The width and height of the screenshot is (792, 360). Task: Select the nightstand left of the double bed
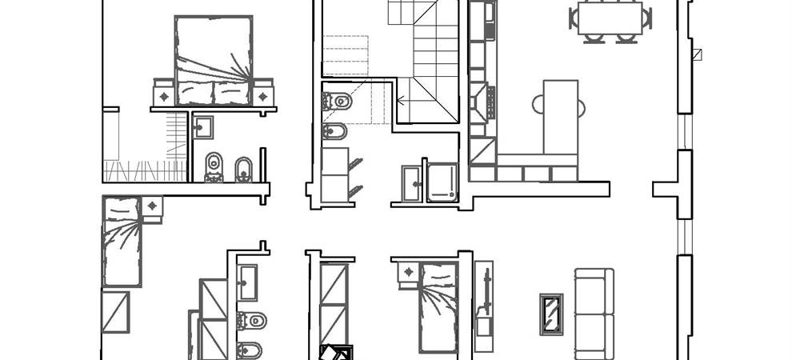pos(163,94)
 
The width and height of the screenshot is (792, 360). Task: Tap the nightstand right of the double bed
pos(262,94)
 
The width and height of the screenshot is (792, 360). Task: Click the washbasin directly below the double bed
pos(203,126)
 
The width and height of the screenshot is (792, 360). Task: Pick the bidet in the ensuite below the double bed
pos(243,167)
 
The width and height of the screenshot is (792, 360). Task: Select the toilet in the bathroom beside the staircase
pos(338,102)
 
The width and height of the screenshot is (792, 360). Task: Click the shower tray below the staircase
pos(442,182)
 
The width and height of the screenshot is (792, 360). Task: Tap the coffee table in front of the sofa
pos(551,314)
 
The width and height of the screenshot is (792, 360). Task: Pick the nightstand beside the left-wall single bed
pos(152,206)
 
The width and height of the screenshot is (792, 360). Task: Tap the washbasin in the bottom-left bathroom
pos(248,280)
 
